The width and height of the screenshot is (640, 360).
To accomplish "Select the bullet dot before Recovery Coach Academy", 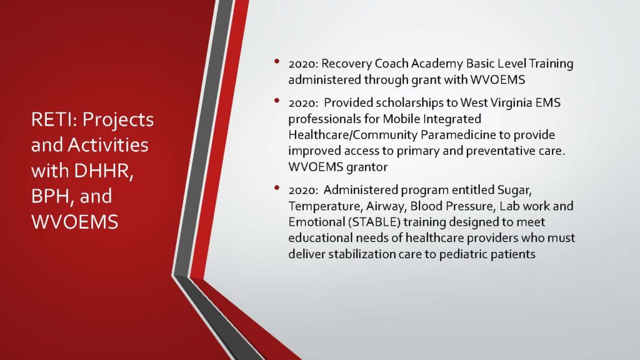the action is click(277, 62).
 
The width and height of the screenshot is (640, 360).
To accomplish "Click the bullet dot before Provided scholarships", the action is click(277, 101).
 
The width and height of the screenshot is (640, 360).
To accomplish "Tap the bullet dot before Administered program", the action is click(277, 187).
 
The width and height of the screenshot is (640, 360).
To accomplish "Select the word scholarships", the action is click(411, 103).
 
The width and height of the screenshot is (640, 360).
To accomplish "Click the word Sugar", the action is click(514, 190).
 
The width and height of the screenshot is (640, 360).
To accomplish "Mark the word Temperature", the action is click(325, 206).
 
